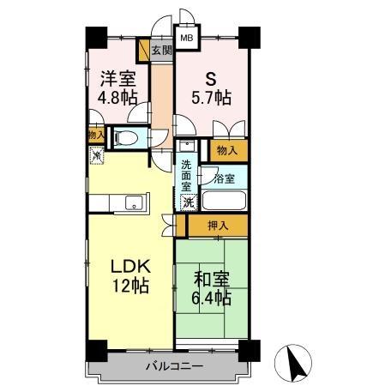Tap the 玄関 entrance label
[x=161, y=51]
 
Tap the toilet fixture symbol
[x=125, y=137]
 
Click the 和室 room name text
[x=210, y=279]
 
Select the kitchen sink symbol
[x=135, y=203]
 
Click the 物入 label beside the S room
[x=226, y=150]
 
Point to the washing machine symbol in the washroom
[x=187, y=202]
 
